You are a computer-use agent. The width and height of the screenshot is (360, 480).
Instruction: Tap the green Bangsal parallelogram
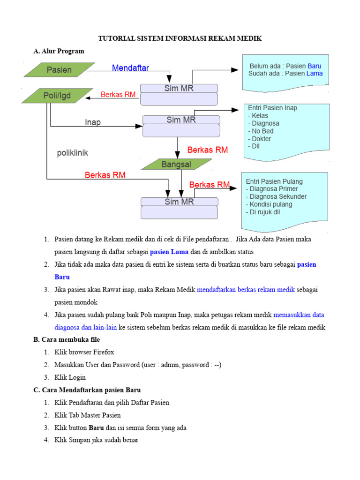point(176,165)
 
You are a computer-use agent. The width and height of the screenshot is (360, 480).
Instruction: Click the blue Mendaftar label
point(130,68)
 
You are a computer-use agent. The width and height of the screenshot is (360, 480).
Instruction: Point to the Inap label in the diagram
point(93,122)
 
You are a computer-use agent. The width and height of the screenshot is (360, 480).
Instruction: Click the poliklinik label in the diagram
point(73,153)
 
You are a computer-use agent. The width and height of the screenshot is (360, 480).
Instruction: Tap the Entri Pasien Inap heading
point(272,108)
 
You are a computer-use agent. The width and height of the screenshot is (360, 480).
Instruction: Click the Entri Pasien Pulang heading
point(274,181)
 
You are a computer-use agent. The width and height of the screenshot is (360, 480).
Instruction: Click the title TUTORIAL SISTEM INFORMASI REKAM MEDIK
point(180,38)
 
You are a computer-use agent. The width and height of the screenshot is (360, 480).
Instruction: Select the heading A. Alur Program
point(59,51)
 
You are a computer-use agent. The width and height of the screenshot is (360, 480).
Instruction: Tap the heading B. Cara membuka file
point(67,339)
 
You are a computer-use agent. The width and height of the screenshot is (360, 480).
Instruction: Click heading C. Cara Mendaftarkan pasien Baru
point(87,390)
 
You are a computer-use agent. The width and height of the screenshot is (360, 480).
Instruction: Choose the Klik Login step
point(70,377)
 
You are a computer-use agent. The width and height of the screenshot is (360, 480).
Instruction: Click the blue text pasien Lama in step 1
point(169,252)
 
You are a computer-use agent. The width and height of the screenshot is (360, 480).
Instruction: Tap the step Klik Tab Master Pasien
point(87,415)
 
